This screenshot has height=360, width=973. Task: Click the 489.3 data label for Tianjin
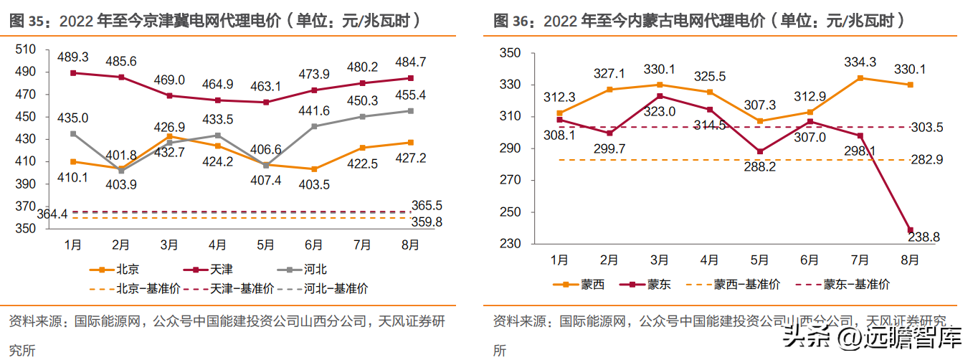73,57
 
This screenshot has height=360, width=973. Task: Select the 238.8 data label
924,237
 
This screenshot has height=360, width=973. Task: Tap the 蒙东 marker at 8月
910,230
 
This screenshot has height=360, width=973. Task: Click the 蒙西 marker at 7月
860,78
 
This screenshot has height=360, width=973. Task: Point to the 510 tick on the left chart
25,49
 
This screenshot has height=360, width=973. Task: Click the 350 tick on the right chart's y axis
510,52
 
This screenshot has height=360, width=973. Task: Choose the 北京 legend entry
114,270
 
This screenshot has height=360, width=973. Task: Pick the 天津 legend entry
208,270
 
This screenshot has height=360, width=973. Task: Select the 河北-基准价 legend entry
323,288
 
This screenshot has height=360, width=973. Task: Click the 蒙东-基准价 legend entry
843,285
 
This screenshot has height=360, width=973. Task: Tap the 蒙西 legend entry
579,285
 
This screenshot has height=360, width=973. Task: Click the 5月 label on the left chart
265,245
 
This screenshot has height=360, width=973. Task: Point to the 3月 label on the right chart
659,260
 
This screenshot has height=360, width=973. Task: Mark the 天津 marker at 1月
73,73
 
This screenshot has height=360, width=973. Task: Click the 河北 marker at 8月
410,111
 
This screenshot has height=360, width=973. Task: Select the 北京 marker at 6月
314,169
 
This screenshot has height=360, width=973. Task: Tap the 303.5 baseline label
927,127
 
